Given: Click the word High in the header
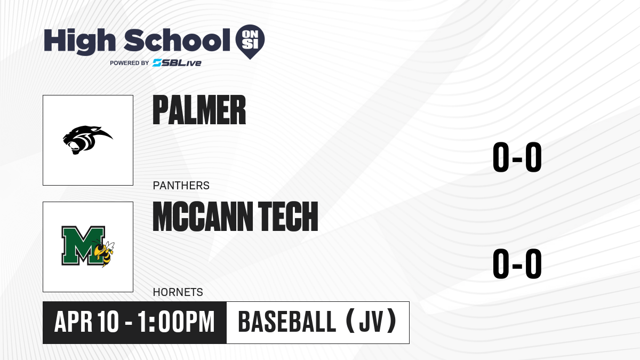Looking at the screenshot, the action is click(x=79, y=42).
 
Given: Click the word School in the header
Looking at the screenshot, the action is click(x=177, y=40).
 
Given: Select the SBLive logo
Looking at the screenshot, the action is click(x=177, y=63).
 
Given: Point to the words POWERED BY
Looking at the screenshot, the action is click(x=130, y=63).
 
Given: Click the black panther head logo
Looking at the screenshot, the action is click(x=87, y=140).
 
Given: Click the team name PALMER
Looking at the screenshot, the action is click(x=199, y=110).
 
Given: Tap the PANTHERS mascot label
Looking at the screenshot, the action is click(x=181, y=186).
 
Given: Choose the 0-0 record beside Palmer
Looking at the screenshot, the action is click(x=517, y=157).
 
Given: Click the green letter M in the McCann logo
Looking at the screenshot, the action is click(x=83, y=245).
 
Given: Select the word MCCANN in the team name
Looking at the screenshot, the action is click(x=203, y=217).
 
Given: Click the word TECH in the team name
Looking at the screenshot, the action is click(x=288, y=217).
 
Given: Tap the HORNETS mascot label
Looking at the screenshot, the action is click(x=178, y=292).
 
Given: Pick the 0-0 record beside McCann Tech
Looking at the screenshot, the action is click(x=517, y=263).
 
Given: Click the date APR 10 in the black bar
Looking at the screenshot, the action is click(x=86, y=322).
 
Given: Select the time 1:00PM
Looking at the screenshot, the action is click(x=176, y=322).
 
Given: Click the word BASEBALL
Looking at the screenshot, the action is click(x=287, y=322).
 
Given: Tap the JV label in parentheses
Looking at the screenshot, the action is click(x=371, y=322).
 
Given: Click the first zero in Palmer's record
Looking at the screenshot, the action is click(x=501, y=157).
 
